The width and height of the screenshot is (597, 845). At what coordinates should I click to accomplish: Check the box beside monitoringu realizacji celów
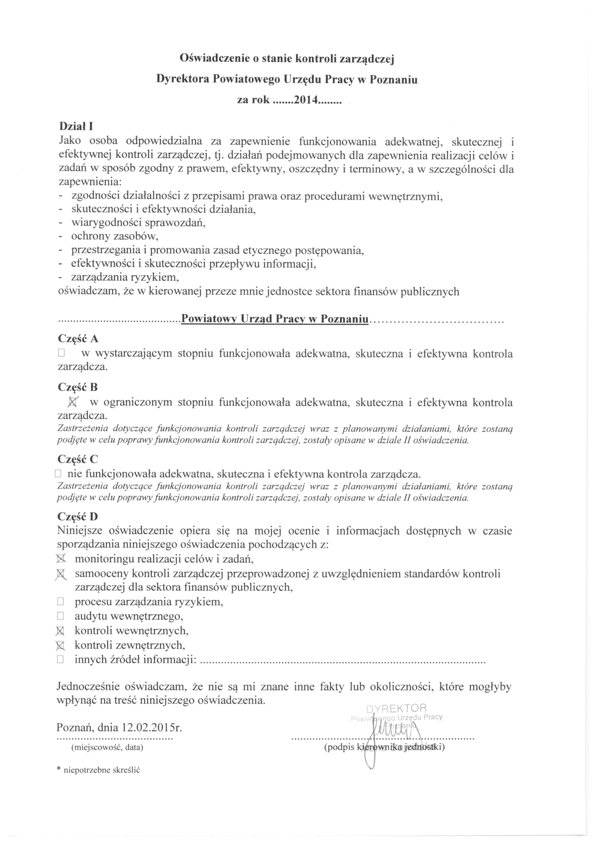pos(60,559)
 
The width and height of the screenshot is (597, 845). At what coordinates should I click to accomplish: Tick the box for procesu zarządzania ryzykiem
pos(60,602)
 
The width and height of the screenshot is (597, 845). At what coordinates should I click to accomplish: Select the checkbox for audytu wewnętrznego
pos(60,616)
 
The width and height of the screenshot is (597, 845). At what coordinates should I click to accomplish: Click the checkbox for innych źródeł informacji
pos(60,659)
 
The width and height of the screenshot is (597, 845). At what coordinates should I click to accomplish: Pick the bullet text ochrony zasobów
pos(115,236)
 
